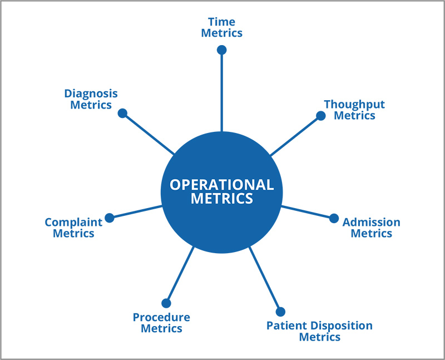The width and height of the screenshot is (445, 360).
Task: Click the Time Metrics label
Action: (221, 27)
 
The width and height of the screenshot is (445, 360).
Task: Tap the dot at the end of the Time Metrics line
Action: (221, 50)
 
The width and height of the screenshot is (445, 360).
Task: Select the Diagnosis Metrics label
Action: (91, 99)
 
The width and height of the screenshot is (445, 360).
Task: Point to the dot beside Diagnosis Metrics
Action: (122, 113)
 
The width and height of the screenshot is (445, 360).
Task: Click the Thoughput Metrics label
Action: (354, 110)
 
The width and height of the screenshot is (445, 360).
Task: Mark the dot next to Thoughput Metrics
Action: (320, 116)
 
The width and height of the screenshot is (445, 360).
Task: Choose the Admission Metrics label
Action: (371, 228)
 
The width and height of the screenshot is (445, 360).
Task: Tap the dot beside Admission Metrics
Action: (334, 218)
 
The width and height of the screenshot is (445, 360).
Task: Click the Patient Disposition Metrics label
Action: (319, 331)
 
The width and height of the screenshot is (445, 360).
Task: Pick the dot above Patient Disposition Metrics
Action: (280, 312)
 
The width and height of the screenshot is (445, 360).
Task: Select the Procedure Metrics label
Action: (161, 323)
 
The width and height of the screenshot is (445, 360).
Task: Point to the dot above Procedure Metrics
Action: (166, 303)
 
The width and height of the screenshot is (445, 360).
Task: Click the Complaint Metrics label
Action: (73, 228)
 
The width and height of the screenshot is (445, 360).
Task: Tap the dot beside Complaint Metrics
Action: (110, 218)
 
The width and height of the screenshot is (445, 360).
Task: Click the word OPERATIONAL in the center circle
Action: (221, 185)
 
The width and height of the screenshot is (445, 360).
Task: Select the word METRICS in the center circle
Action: (221, 199)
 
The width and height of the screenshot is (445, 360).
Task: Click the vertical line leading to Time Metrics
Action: (221, 92)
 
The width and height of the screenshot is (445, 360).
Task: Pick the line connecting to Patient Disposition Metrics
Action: (265, 278)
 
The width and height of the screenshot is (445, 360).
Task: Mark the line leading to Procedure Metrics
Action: (180, 275)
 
